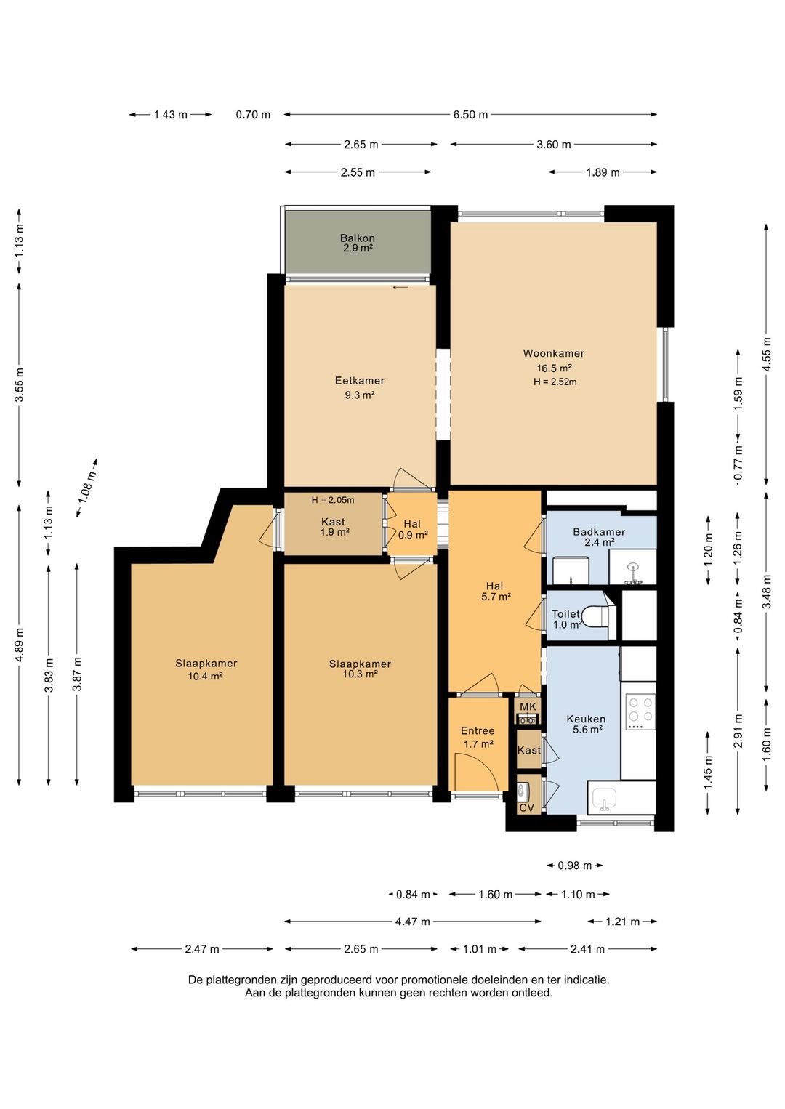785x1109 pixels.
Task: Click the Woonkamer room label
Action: (553, 353)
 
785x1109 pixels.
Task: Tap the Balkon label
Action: (357, 238)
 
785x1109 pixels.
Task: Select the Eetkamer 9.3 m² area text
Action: (359, 395)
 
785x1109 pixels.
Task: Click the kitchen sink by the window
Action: (604, 799)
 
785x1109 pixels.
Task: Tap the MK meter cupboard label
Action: (528, 706)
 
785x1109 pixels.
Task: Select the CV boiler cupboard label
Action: (526, 807)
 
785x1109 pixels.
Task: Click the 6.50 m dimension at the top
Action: (470, 115)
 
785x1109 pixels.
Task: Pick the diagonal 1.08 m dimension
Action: (87, 488)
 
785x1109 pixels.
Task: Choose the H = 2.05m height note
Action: (332, 500)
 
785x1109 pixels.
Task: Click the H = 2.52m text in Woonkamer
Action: (555, 382)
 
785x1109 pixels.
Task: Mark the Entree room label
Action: (478, 730)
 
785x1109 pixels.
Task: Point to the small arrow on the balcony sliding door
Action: (400, 286)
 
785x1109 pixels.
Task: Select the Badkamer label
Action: (599, 532)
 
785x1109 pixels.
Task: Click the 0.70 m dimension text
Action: (253, 115)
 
